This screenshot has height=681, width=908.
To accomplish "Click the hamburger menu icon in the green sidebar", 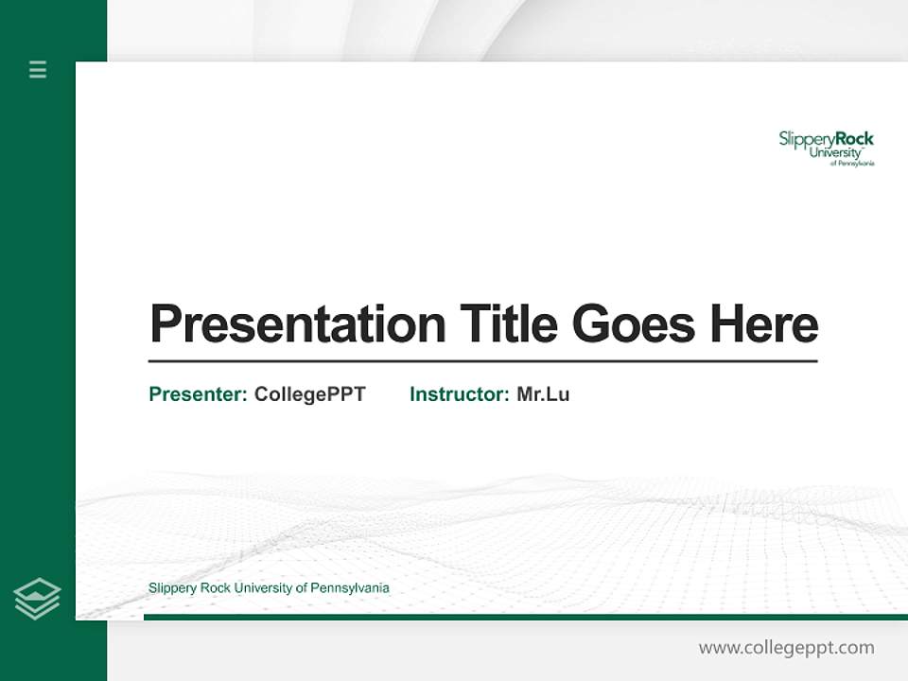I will [x=38, y=69].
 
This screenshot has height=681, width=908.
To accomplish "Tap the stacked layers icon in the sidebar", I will [x=37, y=599].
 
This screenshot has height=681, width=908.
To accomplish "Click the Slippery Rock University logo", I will [x=826, y=148].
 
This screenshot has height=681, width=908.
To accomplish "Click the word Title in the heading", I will [x=508, y=324].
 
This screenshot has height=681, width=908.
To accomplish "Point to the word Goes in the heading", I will [x=634, y=324].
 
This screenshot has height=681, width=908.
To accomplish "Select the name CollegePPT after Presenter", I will [x=309, y=394].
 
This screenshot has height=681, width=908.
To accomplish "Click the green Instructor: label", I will [x=460, y=394].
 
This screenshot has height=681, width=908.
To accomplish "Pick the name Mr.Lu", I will [x=543, y=394].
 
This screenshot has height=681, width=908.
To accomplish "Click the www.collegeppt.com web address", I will [x=786, y=648].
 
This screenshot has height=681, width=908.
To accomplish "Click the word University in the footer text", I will [x=264, y=588].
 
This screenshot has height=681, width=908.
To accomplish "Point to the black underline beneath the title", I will [x=482, y=361].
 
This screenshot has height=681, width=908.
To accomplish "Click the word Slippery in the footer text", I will [x=171, y=588].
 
